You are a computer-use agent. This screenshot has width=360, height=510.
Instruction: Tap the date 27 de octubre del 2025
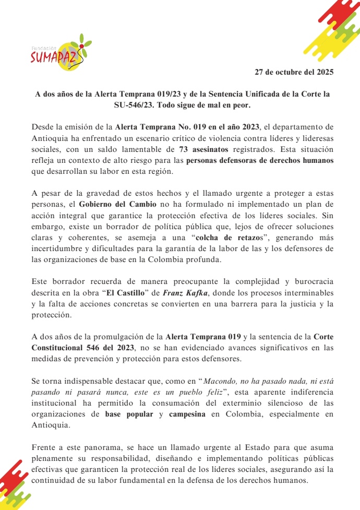tap(294, 72)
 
